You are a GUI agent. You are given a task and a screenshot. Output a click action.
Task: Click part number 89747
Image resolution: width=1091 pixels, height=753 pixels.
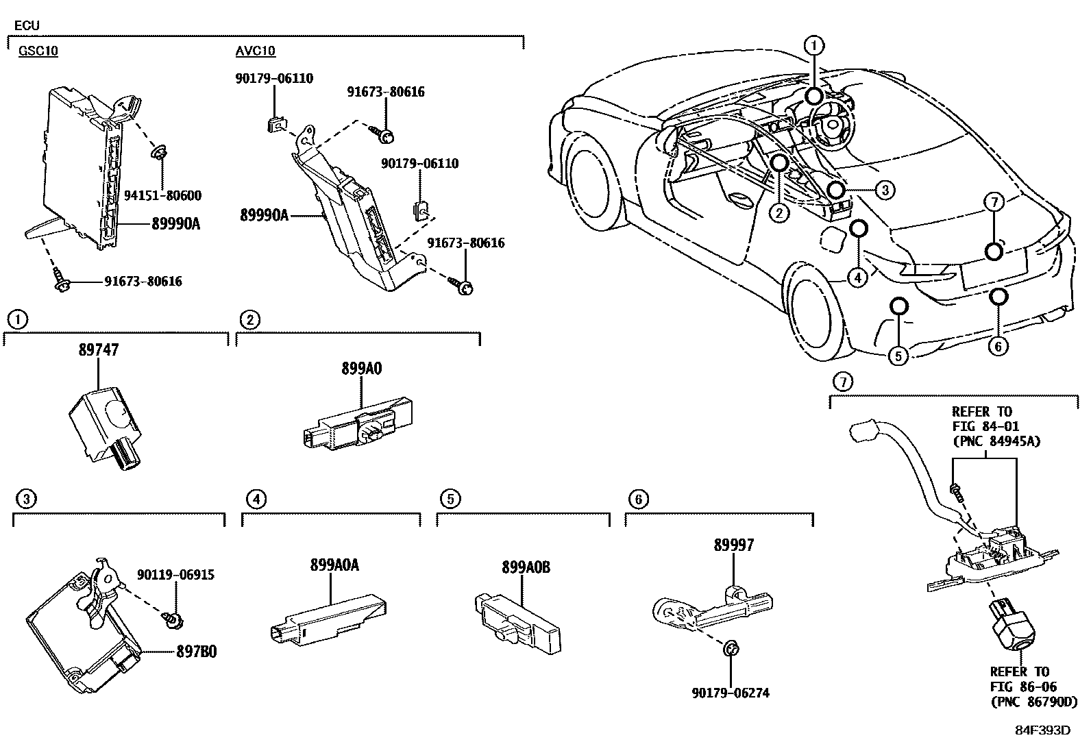[x=99, y=350]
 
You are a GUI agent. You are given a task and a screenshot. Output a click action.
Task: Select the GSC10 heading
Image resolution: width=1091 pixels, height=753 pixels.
[x=38, y=51]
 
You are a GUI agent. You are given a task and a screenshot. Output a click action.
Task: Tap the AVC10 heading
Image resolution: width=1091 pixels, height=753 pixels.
[x=256, y=51]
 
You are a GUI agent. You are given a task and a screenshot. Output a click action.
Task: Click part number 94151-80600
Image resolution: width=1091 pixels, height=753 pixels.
[x=162, y=196]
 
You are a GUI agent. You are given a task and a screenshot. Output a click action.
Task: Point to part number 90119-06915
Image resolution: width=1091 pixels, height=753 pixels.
[x=175, y=575]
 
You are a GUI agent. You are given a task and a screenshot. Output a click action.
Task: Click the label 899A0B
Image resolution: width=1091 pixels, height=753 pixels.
[x=526, y=567]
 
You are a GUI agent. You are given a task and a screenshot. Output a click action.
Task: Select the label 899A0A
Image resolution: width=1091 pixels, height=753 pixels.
[x=334, y=565]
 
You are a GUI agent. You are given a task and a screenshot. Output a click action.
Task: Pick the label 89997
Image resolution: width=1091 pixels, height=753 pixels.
[x=733, y=545]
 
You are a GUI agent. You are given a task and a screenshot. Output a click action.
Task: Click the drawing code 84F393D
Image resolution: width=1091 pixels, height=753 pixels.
[x=1042, y=730]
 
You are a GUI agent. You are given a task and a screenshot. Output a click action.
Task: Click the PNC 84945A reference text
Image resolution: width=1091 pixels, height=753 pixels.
[x=996, y=441]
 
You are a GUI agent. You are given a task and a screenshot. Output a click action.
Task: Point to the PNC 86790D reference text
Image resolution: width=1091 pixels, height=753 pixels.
[x=1033, y=702]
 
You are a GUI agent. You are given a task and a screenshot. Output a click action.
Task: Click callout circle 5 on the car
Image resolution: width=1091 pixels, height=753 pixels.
[x=898, y=355]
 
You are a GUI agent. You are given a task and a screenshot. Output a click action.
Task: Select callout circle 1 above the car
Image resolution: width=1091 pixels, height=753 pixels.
[x=813, y=46]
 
